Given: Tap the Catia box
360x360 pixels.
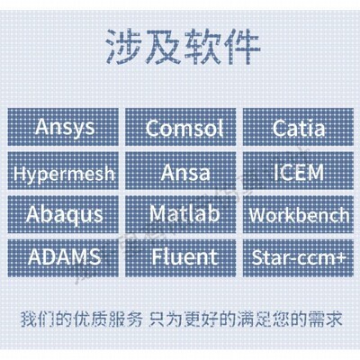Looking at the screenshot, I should pos(296,127).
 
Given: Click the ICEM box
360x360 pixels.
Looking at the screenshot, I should pos(296,171).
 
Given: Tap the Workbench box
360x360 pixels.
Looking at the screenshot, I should pos(296,215).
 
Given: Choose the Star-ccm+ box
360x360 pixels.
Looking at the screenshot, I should pos(296,257).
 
